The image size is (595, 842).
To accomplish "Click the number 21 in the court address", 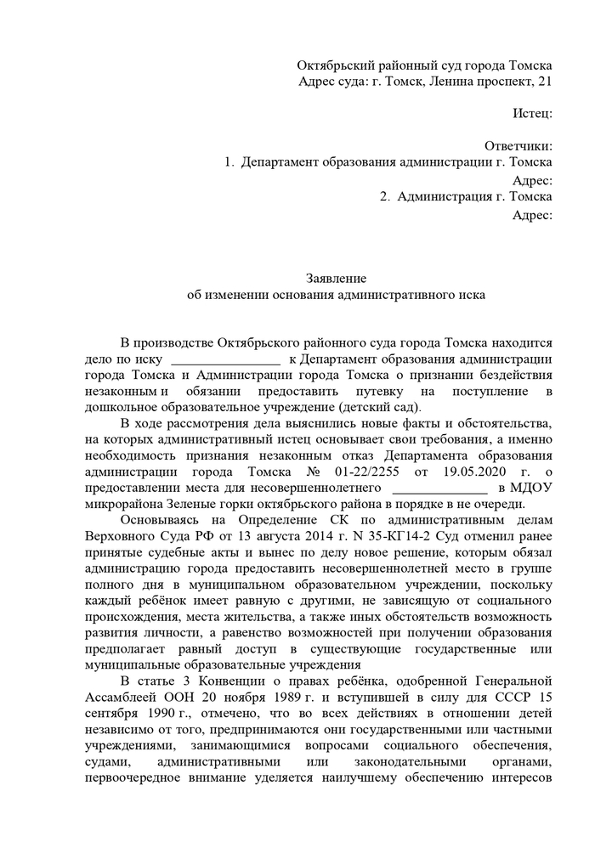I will [x=544, y=82].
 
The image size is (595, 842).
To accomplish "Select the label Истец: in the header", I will [x=534, y=113].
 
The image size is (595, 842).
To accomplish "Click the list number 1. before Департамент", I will [x=229, y=161].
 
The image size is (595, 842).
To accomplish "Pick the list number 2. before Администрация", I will [x=384, y=197].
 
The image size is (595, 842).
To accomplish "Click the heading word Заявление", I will [x=336, y=278].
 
